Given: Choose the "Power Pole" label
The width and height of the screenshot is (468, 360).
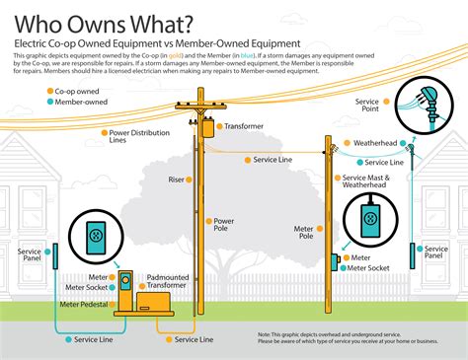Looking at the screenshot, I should [x=223, y=225].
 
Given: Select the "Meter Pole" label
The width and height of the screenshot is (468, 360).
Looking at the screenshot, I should [x=303, y=233].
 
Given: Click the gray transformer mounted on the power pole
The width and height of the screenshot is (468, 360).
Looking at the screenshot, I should [x=206, y=129].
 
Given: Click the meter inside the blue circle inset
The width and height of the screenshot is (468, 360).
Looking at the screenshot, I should [x=95, y=236].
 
